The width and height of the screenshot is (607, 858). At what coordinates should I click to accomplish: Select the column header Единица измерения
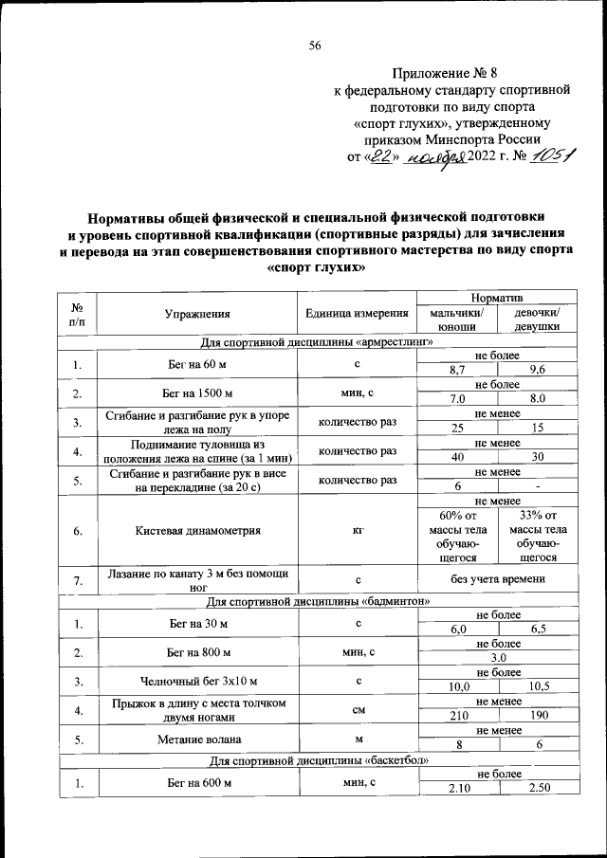(x=357, y=314)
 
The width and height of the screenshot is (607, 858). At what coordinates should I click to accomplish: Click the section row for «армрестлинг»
(x=317, y=342)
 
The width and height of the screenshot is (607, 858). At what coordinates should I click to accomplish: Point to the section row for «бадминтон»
(x=317, y=601)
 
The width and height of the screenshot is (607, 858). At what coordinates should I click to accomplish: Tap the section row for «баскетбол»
(x=317, y=761)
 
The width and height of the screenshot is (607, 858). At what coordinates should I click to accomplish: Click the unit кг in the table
(x=357, y=531)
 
